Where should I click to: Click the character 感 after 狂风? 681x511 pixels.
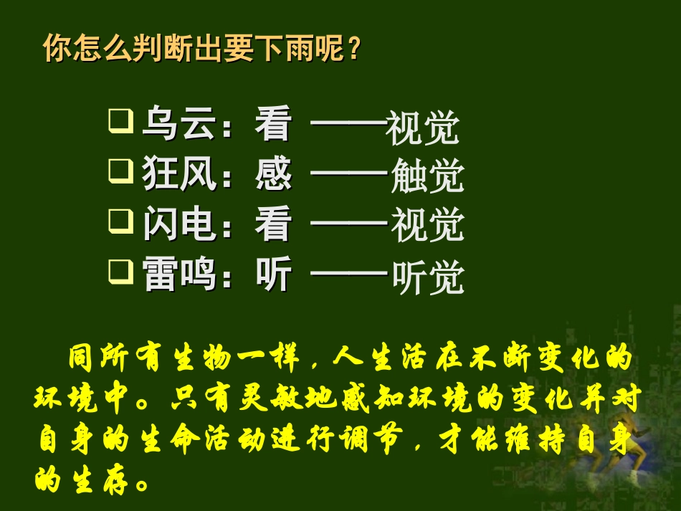pyautogui.click(x=273, y=175)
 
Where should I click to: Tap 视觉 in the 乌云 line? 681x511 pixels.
pyautogui.click(x=422, y=128)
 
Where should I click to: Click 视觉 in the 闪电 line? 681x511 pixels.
pyautogui.click(x=427, y=226)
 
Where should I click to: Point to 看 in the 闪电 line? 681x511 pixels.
pyautogui.click(x=273, y=225)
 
